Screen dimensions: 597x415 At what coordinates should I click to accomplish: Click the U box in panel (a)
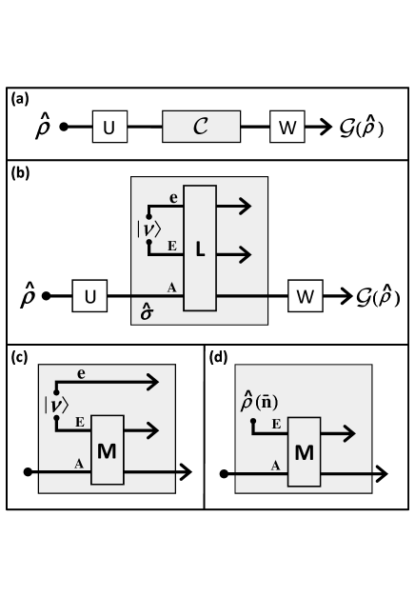pyautogui.click(x=109, y=126)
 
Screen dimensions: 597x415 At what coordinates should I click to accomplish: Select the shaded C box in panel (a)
pyautogui.click(x=201, y=126)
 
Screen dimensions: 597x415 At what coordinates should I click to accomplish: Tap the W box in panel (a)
pyautogui.click(x=286, y=126)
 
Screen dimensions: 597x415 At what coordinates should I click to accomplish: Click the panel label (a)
pyautogui.click(x=19, y=97)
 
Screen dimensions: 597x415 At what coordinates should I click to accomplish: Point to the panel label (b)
pyautogui.click(x=19, y=174)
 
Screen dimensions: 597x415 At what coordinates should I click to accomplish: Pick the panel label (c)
pyautogui.click(x=19, y=357)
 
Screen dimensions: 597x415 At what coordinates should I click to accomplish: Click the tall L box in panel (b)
pyautogui.click(x=200, y=249)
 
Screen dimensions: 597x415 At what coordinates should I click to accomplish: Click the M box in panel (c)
pyautogui.click(x=107, y=450)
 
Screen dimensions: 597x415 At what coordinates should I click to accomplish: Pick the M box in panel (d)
pyautogui.click(x=304, y=450)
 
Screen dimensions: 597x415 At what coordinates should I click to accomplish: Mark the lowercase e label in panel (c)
pyautogui.click(x=82, y=375)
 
